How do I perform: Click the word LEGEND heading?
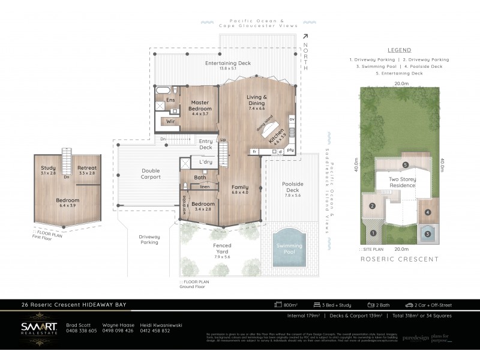pos(399,50)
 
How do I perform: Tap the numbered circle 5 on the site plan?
pos(405,164)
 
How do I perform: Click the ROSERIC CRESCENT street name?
pos(400,259)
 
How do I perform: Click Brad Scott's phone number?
pos(81,331)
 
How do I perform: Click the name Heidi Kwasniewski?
pos(161,325)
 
